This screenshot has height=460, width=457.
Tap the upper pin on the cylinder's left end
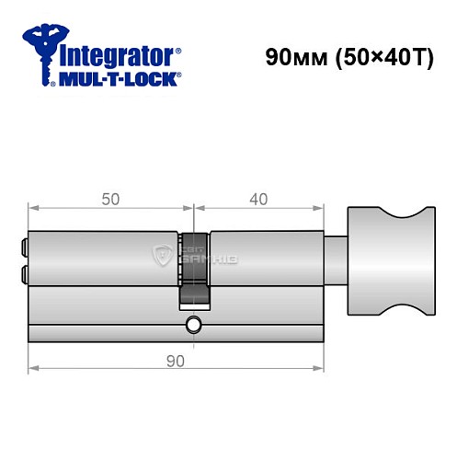tap(23, 247)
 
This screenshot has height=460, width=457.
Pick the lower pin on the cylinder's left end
tap(23, 272)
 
